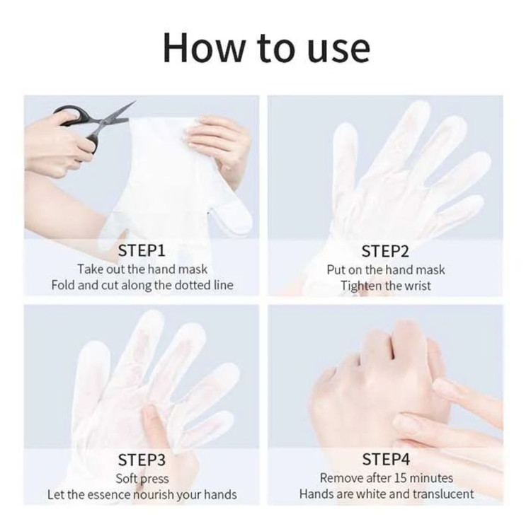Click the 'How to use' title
point(266,47)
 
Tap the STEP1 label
point(142,250)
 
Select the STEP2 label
point(385,251)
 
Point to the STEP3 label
point(142,460)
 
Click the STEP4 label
point(386,459)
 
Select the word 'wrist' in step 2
point(418,286)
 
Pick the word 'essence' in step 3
point(108,495)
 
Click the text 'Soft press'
point(142,479)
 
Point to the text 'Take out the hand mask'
point(142,269)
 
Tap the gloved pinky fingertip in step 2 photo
point(476,199)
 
